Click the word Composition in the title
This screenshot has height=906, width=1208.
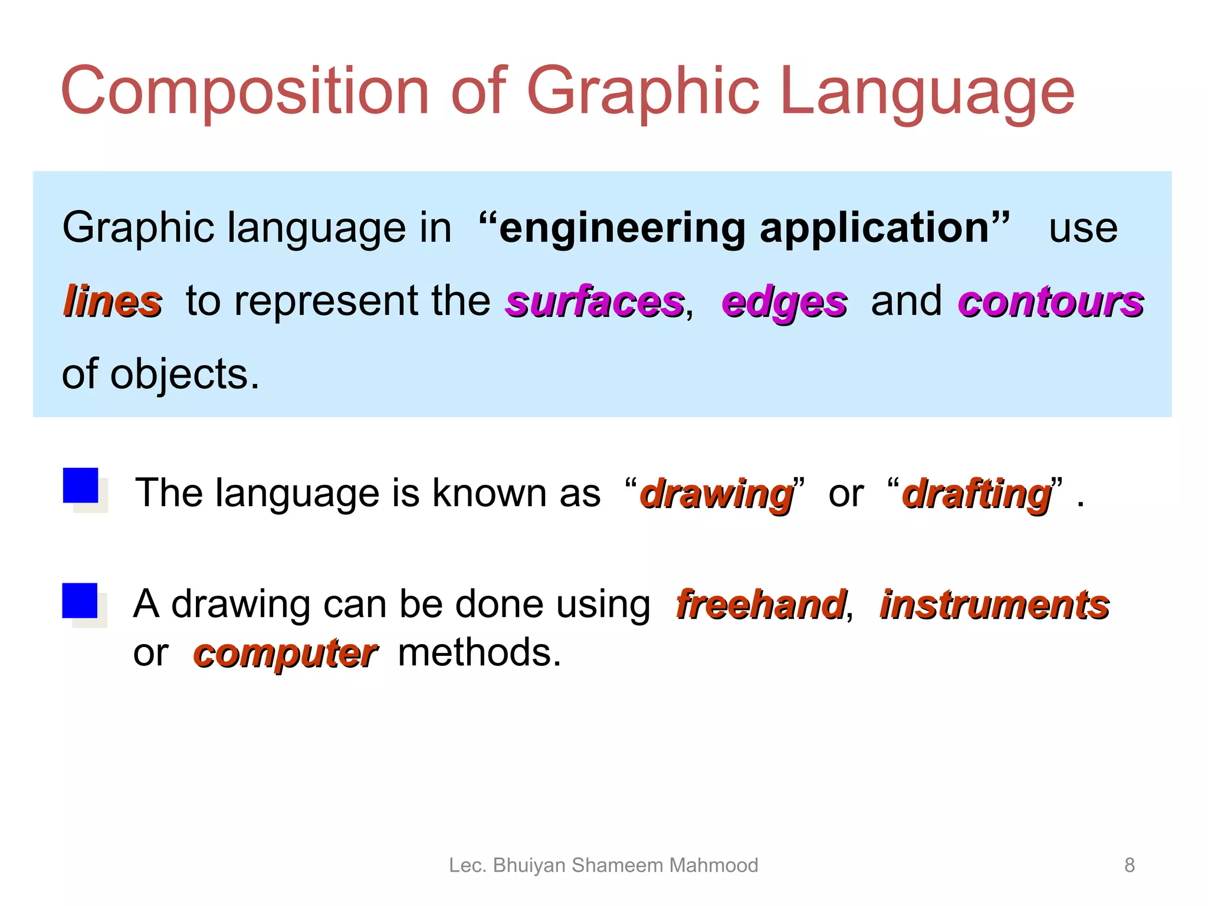(x=245, y=91)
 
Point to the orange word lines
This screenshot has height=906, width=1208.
(x=112, y=301)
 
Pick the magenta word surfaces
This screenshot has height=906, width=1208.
(x=595, y=302)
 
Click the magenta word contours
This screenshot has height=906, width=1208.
(x=1051, y=302)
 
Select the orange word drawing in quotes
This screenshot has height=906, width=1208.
(x=717, y=494)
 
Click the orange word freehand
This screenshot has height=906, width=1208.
(x=761, y=605)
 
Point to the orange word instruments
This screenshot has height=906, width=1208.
(x=994, y=605)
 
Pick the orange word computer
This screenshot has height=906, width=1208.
(x=285, y=654)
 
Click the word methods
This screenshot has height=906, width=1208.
(x=479, y=653)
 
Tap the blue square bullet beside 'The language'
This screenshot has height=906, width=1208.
(x=81, y=485)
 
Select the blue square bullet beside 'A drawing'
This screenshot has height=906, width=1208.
(x=80, y=600)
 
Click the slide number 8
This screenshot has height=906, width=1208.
(x=1129, y=865)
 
